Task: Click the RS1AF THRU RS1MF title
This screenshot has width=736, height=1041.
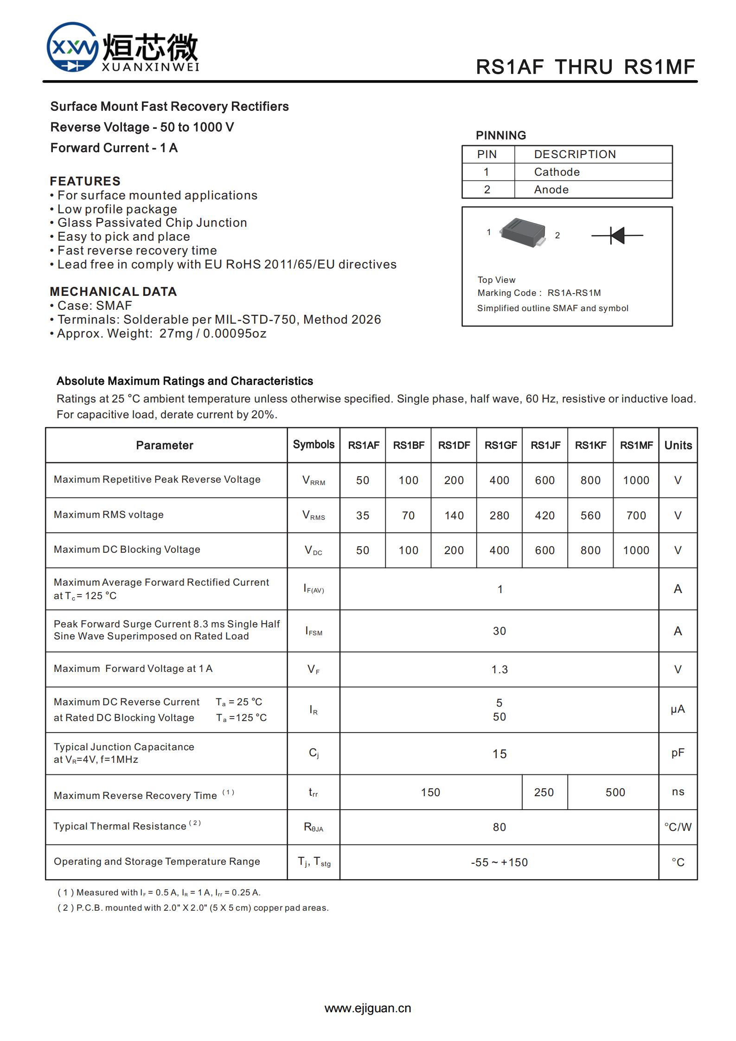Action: [x=585, y=67]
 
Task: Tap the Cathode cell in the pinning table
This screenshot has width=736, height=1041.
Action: [x=557, y=172]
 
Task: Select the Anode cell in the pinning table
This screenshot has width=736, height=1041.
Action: [x=551, y=190]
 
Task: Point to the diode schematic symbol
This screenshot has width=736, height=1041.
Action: [x=617, y=236]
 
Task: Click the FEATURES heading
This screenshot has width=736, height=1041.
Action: [x=85, y=181]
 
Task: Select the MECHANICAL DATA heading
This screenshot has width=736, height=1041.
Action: [x=113, y=292]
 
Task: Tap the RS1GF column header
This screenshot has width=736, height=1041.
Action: [x=500, y=445]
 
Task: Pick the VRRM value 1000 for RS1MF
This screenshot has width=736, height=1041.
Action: [x=636, y=480]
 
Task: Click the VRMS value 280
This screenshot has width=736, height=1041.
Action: [x=499, y=516]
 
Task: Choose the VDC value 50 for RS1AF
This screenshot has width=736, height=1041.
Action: [x=363, y=550]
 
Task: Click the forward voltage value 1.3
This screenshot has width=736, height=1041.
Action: [x=499, y=670]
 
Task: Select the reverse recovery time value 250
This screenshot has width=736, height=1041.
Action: [x=544, y=792]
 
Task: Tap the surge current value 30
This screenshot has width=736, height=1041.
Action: [x=499, y=631]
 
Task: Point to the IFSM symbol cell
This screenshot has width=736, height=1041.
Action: [x=314, y=631]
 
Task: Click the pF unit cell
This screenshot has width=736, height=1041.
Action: [x=678, y=753]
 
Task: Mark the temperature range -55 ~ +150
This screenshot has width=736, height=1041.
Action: [x=499, y=862]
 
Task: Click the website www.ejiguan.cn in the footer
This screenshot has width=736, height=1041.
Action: [x=368, y=1008]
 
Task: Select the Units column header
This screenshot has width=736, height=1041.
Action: [x=678, y=445]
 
